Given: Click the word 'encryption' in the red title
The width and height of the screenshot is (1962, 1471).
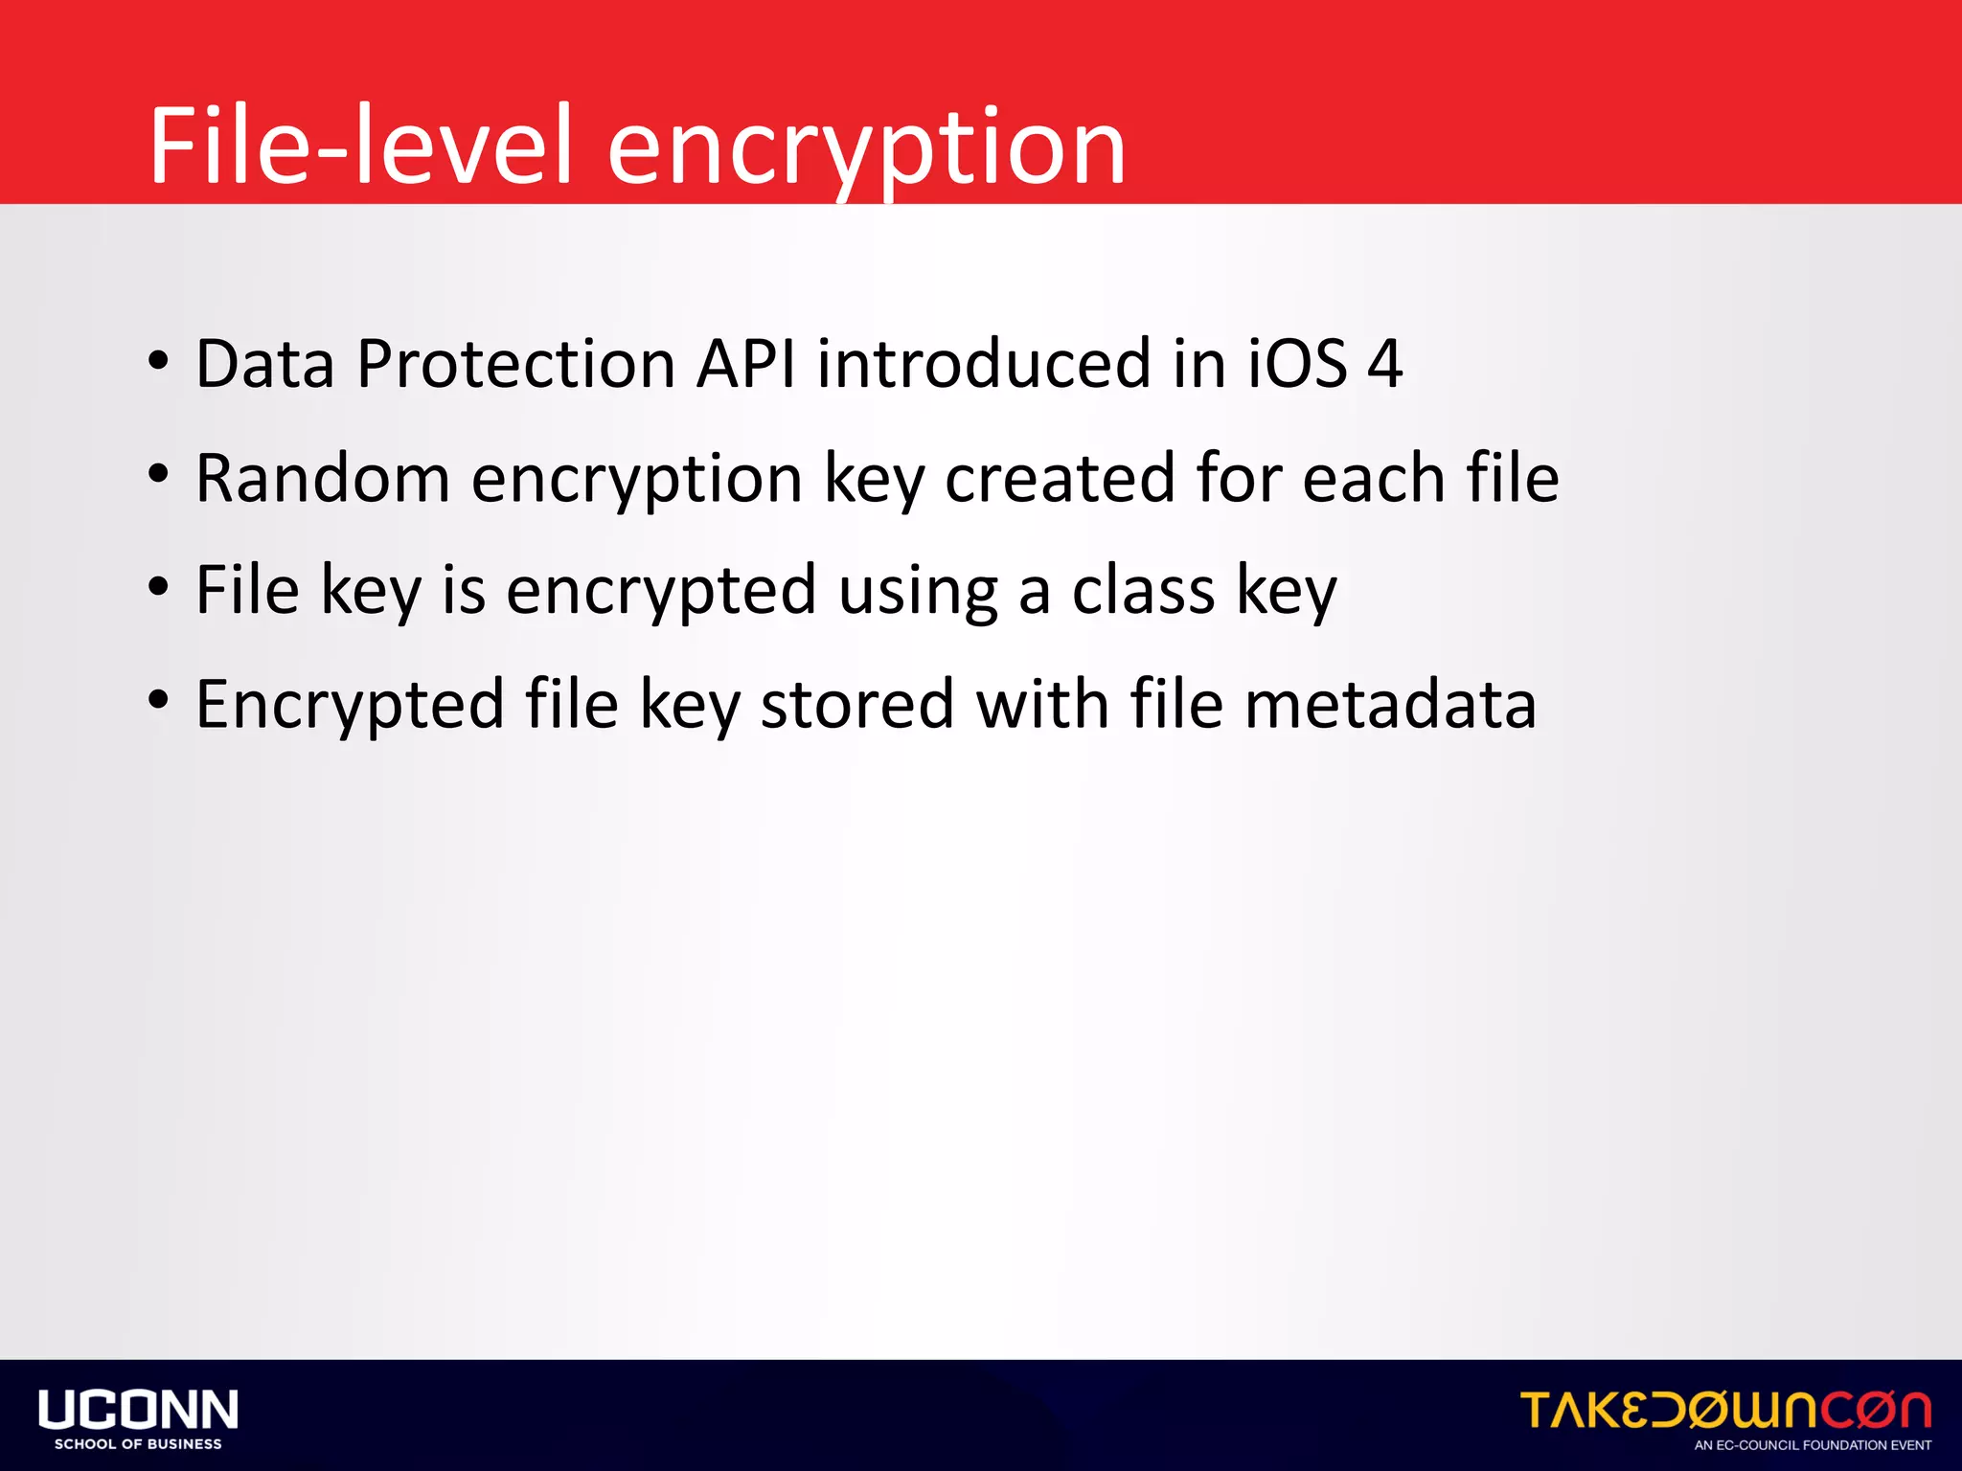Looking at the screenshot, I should point(866,148).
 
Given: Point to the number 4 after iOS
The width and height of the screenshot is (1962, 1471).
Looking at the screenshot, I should point(1384,365).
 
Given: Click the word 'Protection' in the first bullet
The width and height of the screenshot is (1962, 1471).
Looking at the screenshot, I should point(516,365).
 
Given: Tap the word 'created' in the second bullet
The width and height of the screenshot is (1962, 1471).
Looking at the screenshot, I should point(1060,478).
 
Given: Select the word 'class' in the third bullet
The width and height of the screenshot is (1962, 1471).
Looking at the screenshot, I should point(1143,591).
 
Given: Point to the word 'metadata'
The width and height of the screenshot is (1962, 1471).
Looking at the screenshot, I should point(1390,705).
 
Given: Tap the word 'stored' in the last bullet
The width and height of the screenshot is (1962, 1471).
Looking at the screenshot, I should point(857,705).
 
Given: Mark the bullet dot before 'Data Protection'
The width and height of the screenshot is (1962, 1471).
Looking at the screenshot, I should point(159,361).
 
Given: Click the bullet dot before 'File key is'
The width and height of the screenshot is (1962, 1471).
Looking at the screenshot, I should point(159,587).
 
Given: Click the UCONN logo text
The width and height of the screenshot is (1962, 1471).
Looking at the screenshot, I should point(138,1410).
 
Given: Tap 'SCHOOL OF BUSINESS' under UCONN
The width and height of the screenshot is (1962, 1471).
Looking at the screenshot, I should point(138,1444).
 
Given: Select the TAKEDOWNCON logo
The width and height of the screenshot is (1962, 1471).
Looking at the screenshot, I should point(1725,1411).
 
